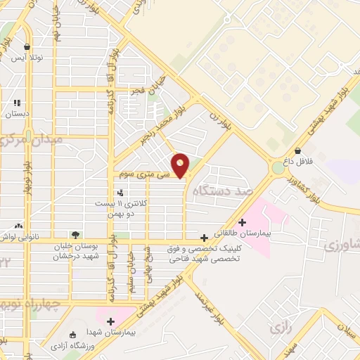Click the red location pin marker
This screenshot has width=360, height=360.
(x=181, y=165)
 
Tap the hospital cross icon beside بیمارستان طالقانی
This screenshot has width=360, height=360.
(x=242, y=222)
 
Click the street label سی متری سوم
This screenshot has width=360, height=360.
(x=136, y=172)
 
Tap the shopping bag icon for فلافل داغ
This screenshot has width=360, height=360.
(x=298, y=150)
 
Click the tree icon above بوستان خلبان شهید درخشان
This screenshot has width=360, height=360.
(x=75, y=235)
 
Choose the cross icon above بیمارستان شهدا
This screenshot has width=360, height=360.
(x=110, y=321)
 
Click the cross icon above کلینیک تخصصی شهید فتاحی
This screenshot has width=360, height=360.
(x=204, y=238)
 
